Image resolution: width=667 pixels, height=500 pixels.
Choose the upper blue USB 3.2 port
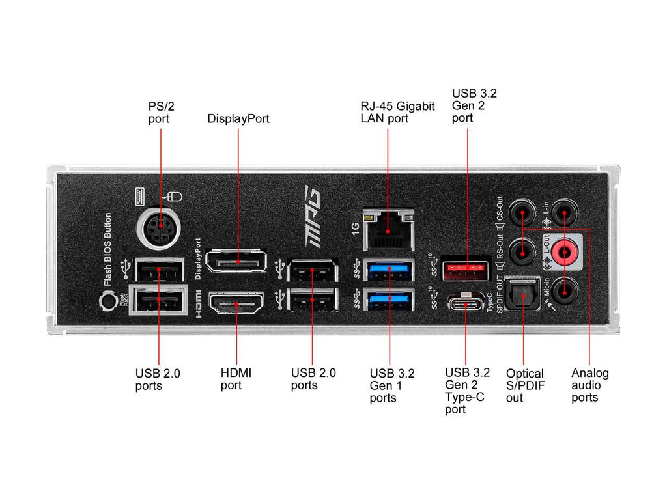pyautogui.click(x=389, y=268)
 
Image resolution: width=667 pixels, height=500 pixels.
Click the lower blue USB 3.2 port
pyautogui.click(x=389, y=299)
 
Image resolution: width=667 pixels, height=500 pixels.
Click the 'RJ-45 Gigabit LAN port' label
pyautogui.click(x=397, y=112)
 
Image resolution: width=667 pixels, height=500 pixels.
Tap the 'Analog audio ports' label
pyautogui.click(x=589, y=385)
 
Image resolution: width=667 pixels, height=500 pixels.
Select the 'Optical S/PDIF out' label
pyautogui.click(x=524, y=385)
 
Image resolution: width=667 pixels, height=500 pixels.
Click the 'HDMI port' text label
pyautogui.click(x=236, y=379)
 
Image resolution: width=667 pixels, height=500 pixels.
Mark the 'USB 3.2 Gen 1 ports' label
pyautogui.click(x=391, y=385)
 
